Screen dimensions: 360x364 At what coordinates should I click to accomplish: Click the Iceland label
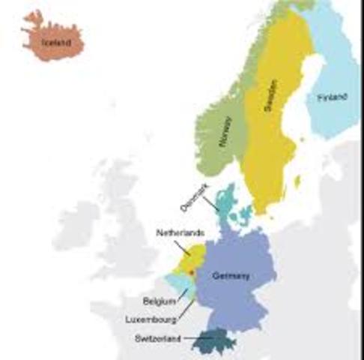point(55,43)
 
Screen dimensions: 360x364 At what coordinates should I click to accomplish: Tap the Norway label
point(225,131)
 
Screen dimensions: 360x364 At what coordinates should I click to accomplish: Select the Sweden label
point(270,97)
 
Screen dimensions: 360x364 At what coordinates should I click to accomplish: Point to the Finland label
point(332,97)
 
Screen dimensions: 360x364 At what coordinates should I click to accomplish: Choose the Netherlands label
point(180,232)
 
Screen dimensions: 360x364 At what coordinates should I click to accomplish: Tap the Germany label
point(231,276)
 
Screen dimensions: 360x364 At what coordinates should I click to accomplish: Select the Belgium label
point(160,301)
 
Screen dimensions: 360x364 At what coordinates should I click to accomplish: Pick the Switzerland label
point(158,339)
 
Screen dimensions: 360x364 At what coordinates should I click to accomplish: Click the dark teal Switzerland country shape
point(215,342)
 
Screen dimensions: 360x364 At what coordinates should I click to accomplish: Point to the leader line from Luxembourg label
point(186,308)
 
